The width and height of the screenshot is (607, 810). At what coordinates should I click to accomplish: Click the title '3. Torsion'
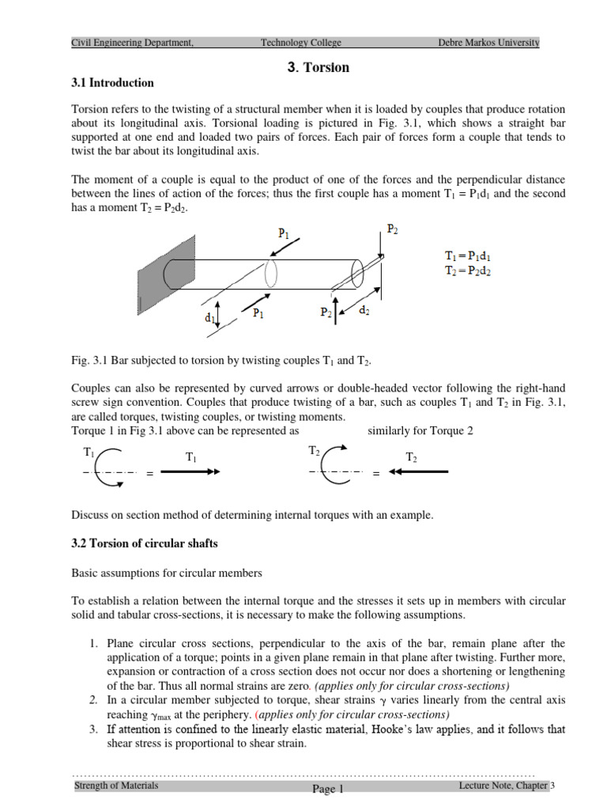click(319, 67)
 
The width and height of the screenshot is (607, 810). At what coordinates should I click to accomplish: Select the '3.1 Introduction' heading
click(113, 83)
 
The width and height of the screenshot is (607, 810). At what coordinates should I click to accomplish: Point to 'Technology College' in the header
click(300, 43)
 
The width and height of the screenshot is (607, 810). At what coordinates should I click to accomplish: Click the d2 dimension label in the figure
click(364, 312)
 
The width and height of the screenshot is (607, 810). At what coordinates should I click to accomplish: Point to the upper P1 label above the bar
click(282, 234)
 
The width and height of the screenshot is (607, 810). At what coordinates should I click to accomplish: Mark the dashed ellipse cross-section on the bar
click(271, 274)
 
